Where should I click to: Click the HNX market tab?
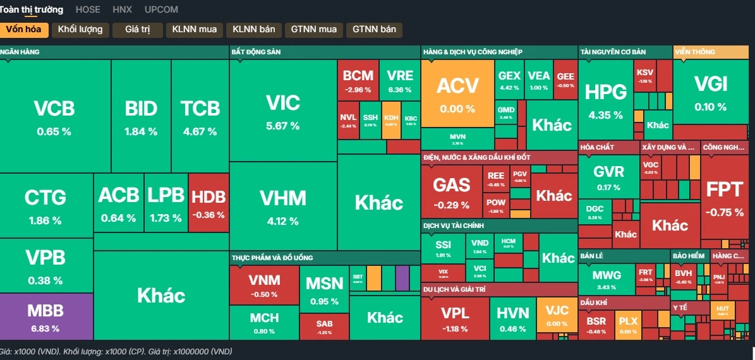pos(122,9)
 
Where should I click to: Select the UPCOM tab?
pos(161,9)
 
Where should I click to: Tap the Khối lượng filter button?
pos(81,29)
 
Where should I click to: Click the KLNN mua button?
pos(194,29)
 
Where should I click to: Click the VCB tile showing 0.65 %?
pos(54,116)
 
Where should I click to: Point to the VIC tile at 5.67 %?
pos(282,111)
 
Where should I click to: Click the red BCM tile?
pos(358,80)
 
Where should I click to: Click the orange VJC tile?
pos(556,315)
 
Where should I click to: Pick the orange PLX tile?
pos(628,325)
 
